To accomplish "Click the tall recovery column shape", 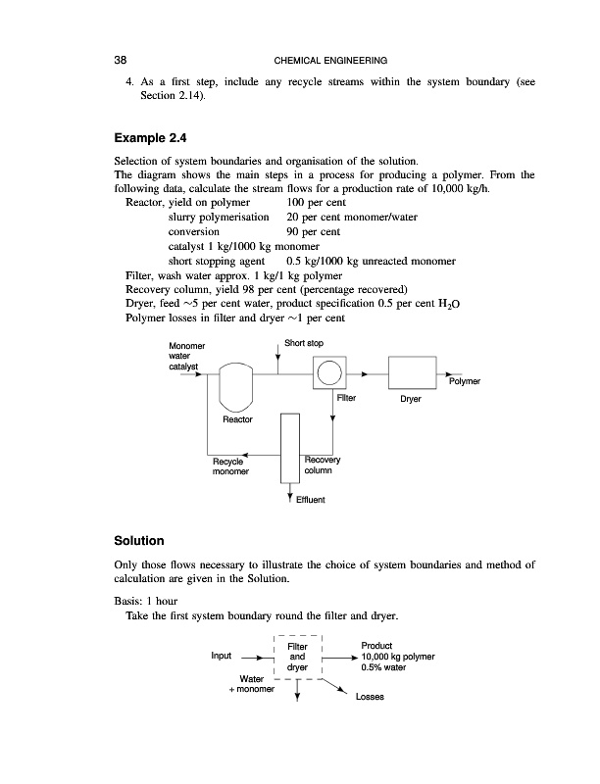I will click(288, 447).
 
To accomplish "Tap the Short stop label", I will click(303, 342).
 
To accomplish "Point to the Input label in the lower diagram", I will click(224, 657).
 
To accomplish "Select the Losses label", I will click(370, 698).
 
